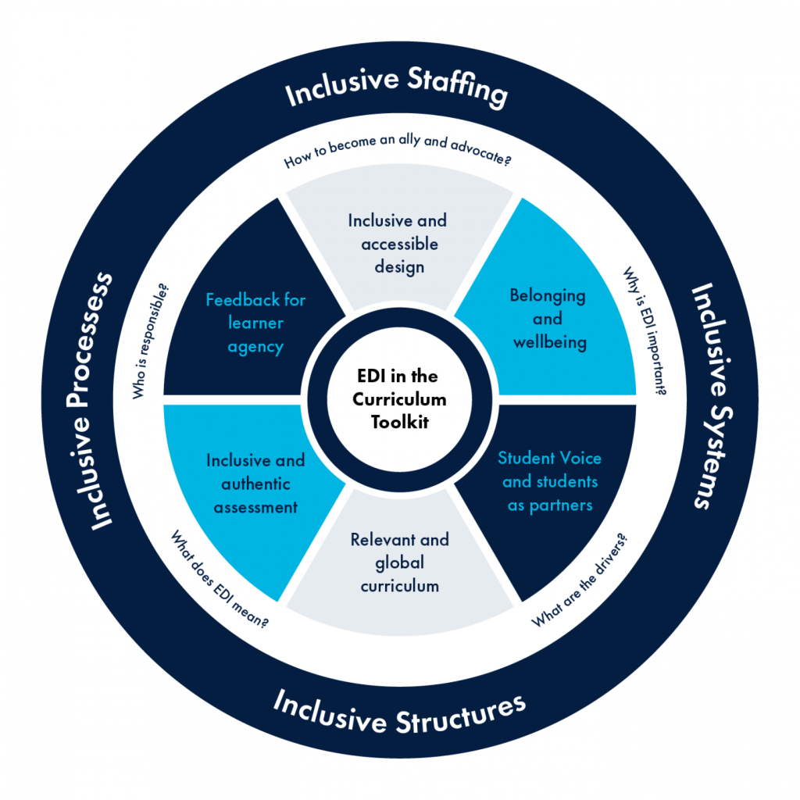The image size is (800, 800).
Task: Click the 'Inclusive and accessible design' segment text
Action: pos(398,244)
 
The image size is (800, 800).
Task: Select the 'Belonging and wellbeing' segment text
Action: pos(547,319)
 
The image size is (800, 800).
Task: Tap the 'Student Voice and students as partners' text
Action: pos(549,481)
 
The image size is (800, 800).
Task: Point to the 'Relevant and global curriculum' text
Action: pos(399,562)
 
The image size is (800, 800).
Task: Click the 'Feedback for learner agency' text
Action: pos(255,323)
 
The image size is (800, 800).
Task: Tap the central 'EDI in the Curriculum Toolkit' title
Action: pos(399,399)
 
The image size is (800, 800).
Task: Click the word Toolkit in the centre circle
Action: pos(399,423)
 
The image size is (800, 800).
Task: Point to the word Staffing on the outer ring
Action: pos(461,93)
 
